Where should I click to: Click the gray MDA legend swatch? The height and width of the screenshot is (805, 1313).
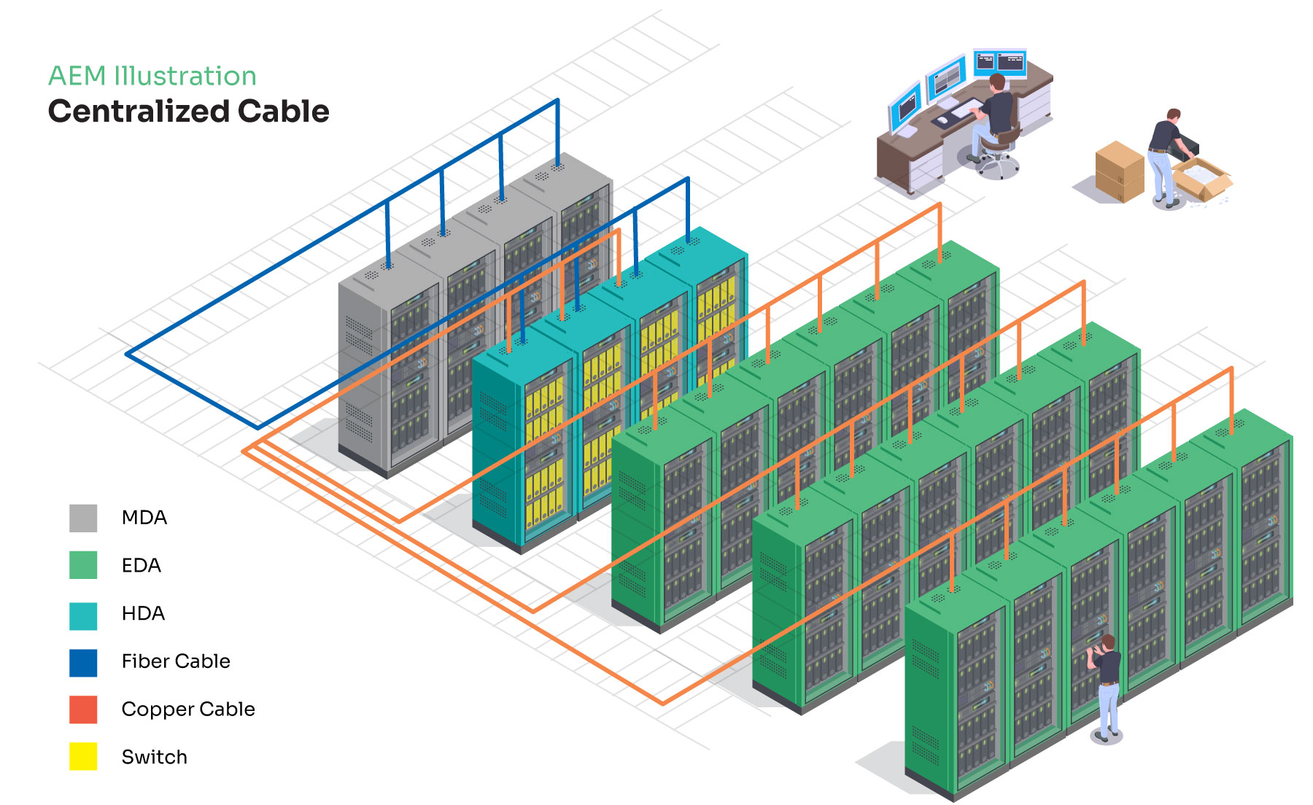83,518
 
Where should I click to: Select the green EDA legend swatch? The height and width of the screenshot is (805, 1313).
83,565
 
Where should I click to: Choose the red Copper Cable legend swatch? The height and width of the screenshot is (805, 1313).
83,709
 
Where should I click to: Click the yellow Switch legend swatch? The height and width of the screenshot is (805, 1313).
83,756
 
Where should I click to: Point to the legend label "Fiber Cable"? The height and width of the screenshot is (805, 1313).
176,661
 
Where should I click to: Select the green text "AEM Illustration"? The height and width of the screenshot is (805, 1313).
152,76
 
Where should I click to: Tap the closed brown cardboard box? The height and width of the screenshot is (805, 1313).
1119,172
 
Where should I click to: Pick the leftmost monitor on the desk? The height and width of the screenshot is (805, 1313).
905,107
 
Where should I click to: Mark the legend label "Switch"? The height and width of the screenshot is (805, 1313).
155,757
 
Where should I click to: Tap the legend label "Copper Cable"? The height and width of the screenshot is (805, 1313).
188,709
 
